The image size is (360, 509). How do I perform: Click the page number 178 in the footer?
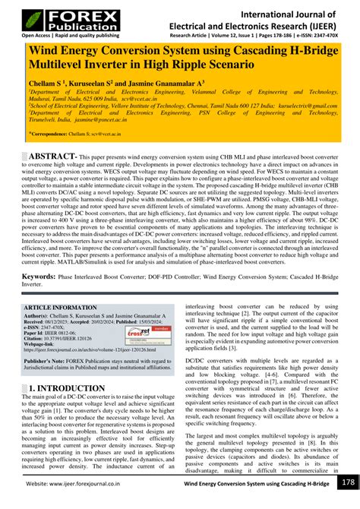pyautogui.click(x=347, y=483)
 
